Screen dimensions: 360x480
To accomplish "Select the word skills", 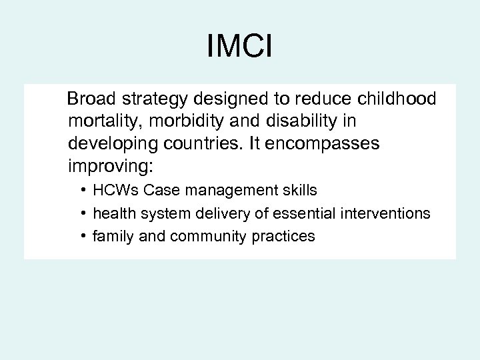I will point(299,191).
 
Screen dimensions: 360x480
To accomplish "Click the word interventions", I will point(388,213).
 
